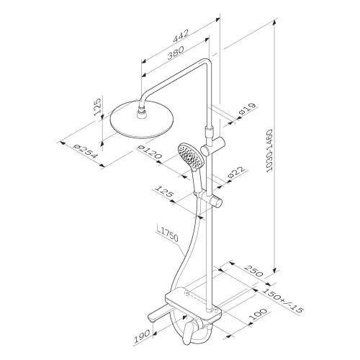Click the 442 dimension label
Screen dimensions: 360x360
point(181,36)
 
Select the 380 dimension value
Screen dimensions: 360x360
point(176,53)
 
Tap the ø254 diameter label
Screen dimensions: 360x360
point(85,151)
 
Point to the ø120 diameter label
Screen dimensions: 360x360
point(149,152)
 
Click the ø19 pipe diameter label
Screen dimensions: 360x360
point(247,109)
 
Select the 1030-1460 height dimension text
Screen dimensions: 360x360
point(270,150)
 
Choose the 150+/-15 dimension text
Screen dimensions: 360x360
point(282,300)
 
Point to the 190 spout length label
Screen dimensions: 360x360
point(142,336)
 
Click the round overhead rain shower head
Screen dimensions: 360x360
point(142,120)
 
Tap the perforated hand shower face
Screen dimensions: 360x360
point(191,156)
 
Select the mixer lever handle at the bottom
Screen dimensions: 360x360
point(189,334)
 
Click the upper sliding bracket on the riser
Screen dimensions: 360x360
point(213,146)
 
